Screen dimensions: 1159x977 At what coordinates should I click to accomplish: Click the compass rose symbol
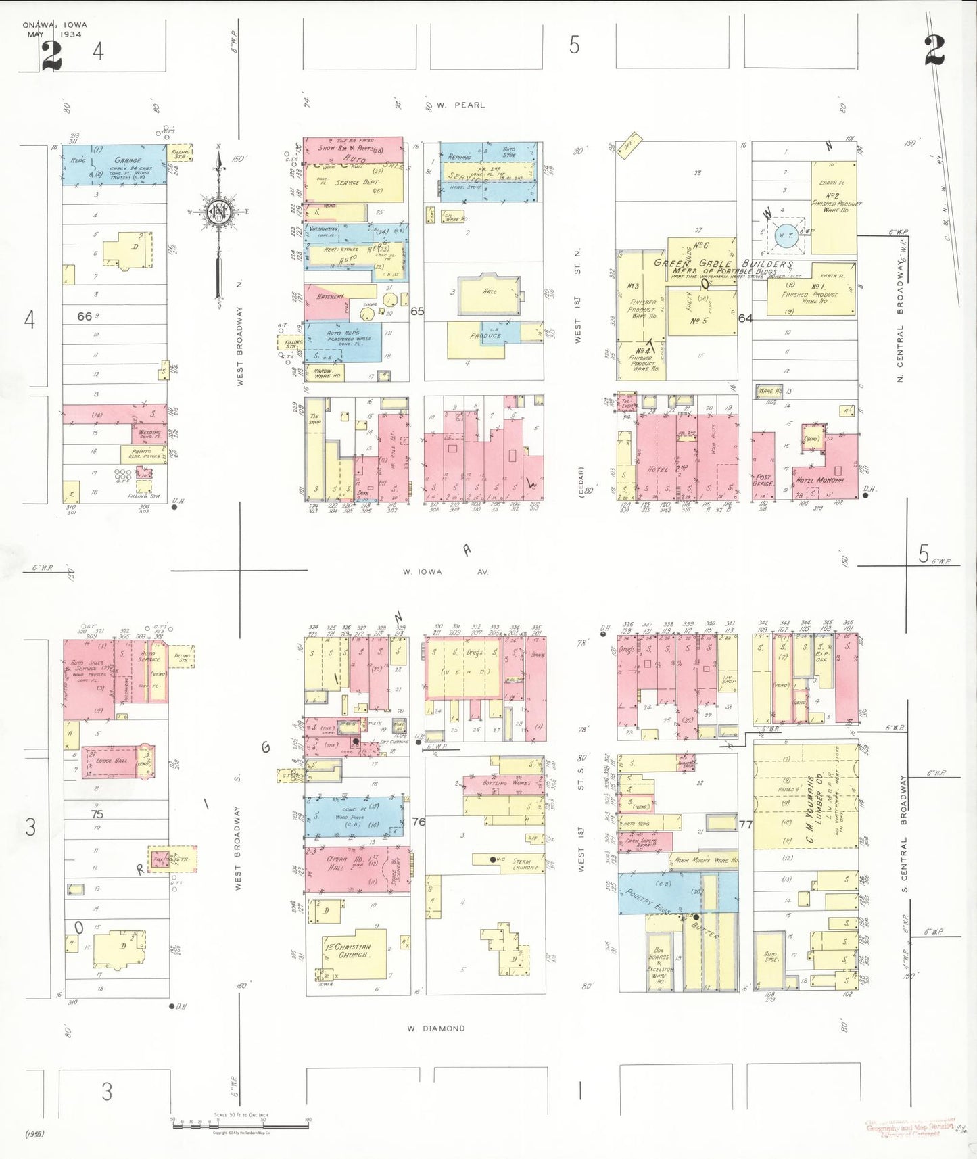coord(218,212)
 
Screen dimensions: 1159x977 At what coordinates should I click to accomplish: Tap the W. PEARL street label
coord(460,105)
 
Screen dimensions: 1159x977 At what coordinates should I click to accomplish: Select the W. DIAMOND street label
coord(436,1028)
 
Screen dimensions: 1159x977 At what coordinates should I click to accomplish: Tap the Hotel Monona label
coord(819,480)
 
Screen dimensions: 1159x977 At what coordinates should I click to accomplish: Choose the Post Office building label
coord(763,480)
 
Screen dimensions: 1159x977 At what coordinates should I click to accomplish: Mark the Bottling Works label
coord(506,783)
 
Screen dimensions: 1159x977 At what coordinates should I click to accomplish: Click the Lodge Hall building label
coord(112,761)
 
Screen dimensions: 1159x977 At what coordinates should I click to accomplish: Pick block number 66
coord(85,316)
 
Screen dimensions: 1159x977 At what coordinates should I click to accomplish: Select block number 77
coord(746,824)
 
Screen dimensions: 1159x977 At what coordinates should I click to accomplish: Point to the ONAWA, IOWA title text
coord(55,25)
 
